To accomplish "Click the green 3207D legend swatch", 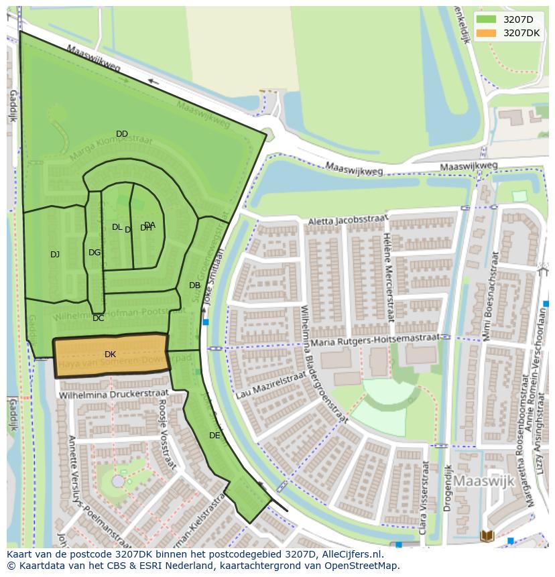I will tap(487, 19).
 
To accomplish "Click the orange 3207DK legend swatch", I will tap(487, 33).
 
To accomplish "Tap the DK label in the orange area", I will tap(110, 354).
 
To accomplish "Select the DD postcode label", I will tap(121, 134).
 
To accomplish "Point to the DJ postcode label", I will tap(55, 254).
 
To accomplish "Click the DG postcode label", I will tap(95, 253).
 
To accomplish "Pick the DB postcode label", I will tap(194, 285).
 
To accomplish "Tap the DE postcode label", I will tap(214, 435).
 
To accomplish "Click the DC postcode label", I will tap(99, 318).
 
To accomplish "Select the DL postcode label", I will tap(117, 227).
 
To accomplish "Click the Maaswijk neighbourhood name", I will tap(483, 481).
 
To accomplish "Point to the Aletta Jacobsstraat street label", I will tap(348, 220).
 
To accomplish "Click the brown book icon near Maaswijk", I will tap(487, 535).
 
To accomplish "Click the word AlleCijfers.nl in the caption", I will tap(351, 554).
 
